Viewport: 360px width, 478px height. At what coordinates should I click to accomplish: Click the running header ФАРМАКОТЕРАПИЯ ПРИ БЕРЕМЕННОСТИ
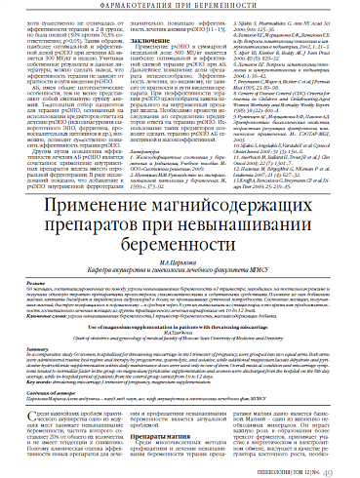pyautogui.click(x=180, y=6)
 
